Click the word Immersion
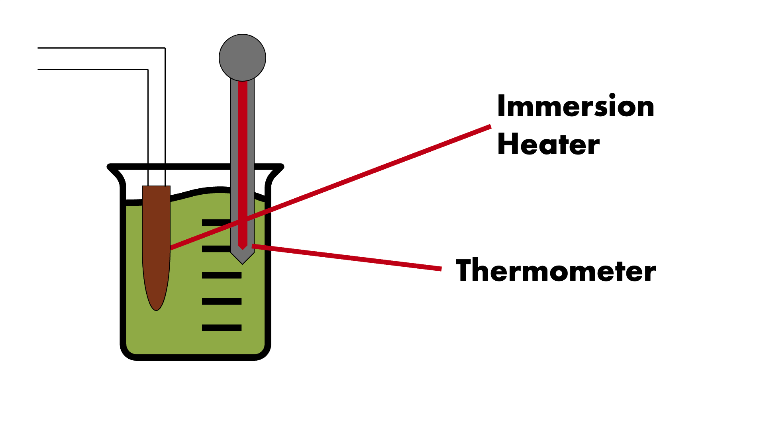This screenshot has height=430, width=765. click(576, 106)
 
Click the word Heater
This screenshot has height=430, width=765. click(548, 144)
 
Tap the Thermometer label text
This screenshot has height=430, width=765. click(556, 270)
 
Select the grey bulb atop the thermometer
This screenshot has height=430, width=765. click(242, 58)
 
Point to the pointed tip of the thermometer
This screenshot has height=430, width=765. click(242, 264)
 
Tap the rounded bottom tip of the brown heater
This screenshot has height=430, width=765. click(156, 310)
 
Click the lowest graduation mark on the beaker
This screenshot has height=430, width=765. click(222, 328)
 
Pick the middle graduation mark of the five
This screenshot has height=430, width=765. click(222, 275)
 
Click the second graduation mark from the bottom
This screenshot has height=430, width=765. click(222, 301)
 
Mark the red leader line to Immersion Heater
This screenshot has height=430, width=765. click(331, 188)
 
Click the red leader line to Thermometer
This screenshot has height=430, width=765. click(347, 257)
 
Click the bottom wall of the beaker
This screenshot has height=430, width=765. click(195, 357)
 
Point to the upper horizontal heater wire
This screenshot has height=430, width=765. click(101, 48)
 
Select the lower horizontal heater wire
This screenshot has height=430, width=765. click(93, 69)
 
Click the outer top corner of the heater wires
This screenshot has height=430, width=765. click(165, 48)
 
